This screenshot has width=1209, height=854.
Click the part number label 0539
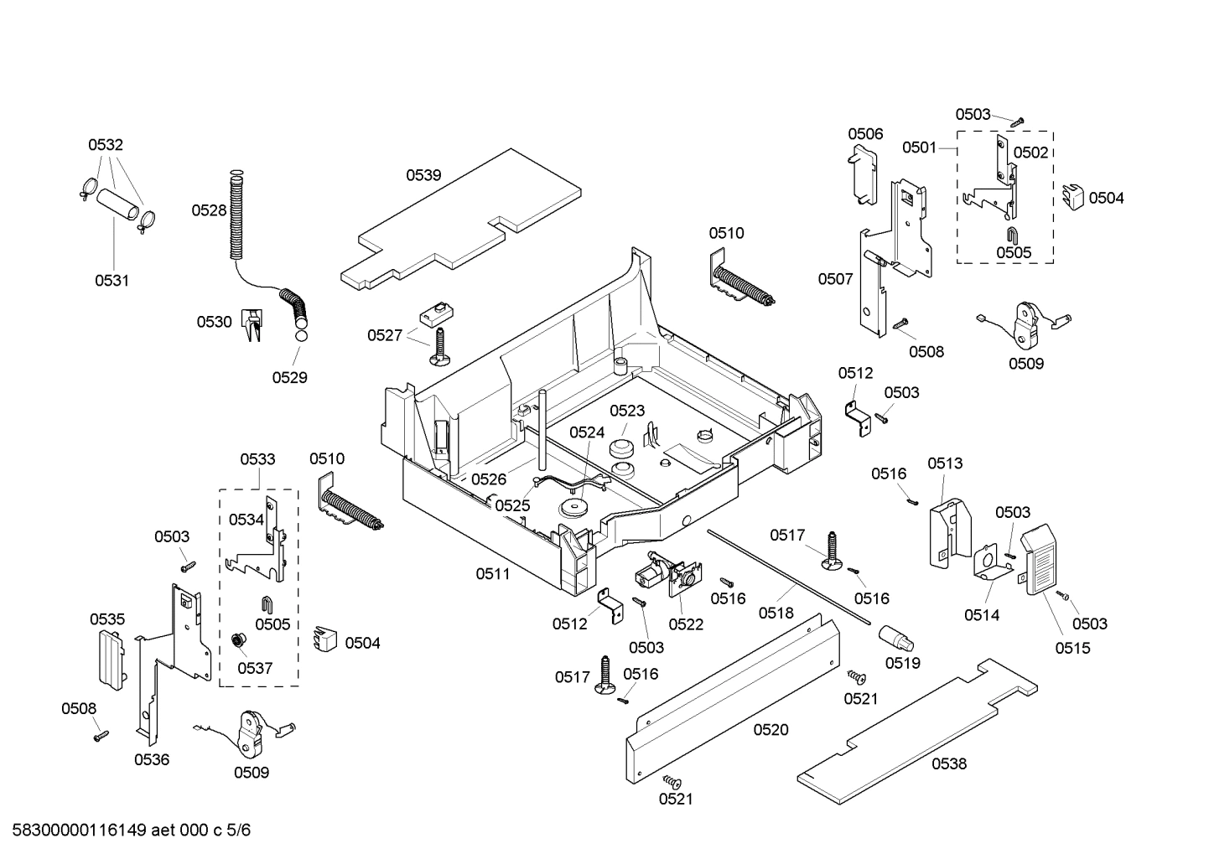coord(423,175)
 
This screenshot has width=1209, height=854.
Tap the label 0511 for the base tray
coord(493,574)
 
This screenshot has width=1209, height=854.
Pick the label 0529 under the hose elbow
coord(289,378)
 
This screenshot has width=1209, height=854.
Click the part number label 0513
coord(945,463)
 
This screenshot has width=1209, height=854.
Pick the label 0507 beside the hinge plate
coord(835,279)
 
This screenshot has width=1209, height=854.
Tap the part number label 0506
coord(864,134)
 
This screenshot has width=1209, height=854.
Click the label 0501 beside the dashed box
coord(919,148)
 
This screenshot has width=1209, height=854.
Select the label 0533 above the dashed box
coord(257,459)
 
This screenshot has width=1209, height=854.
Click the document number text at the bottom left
coord(127,831)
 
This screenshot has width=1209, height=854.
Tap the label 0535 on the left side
coord(107,619)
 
